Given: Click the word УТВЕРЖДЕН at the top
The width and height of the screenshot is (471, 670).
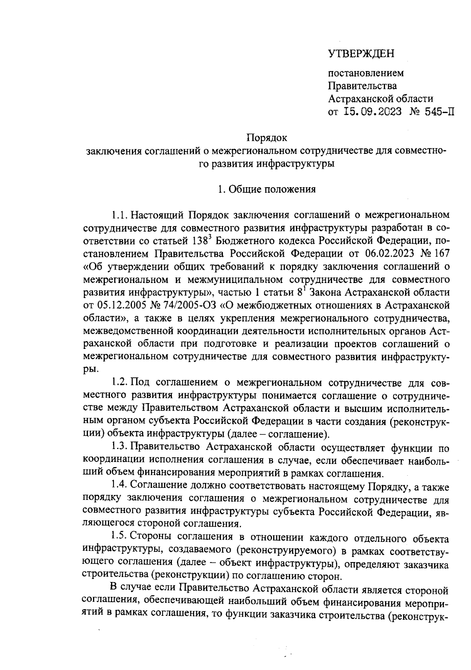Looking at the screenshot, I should coord(361,54).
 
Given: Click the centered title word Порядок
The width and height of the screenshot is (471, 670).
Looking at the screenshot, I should coord(267,138).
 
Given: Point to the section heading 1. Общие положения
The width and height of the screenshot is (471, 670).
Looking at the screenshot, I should coord(267,190).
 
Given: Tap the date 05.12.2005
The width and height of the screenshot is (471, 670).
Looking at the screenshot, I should coord(112,305).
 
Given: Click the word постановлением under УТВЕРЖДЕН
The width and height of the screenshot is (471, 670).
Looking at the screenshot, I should coord(365,73).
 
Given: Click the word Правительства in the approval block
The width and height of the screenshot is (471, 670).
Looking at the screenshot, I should coord(362,86).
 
